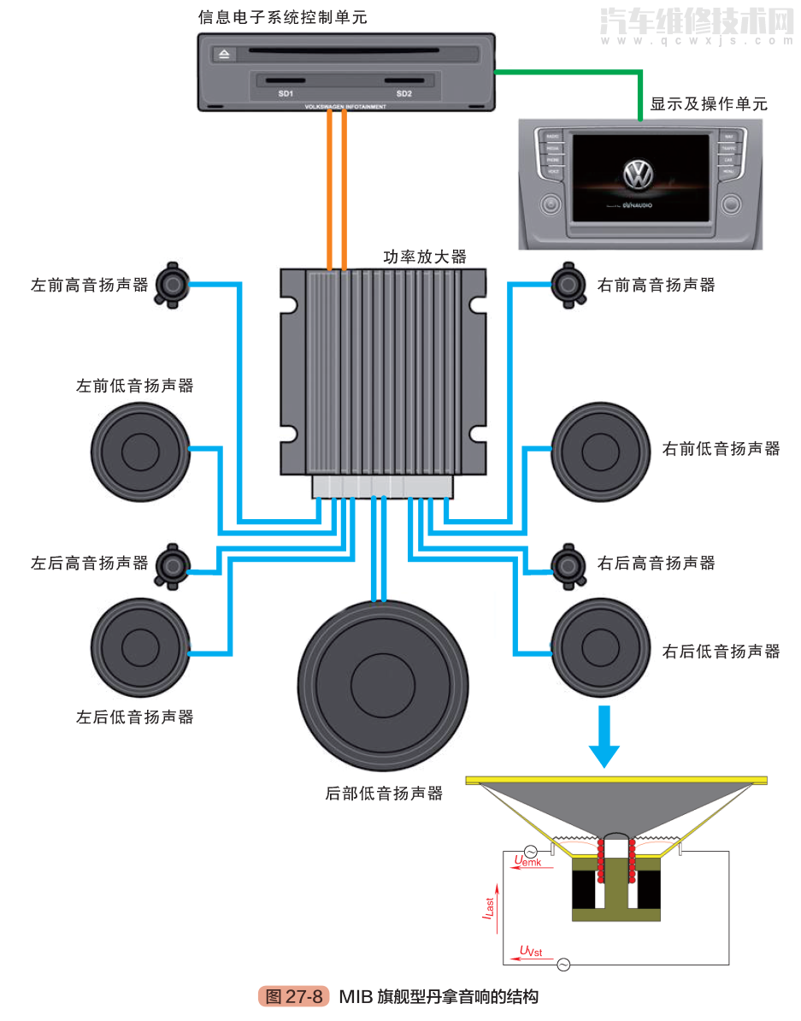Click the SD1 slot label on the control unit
pos(286,93)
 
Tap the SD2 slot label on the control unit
pos(403,93)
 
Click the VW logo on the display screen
pos(638,175)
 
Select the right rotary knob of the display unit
pos(731,205)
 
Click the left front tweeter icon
pos(172,285)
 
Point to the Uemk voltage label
pos(528,860)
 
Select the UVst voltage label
pos(531,951)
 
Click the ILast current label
pos(487,904)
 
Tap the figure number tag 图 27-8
pos(293,997)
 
